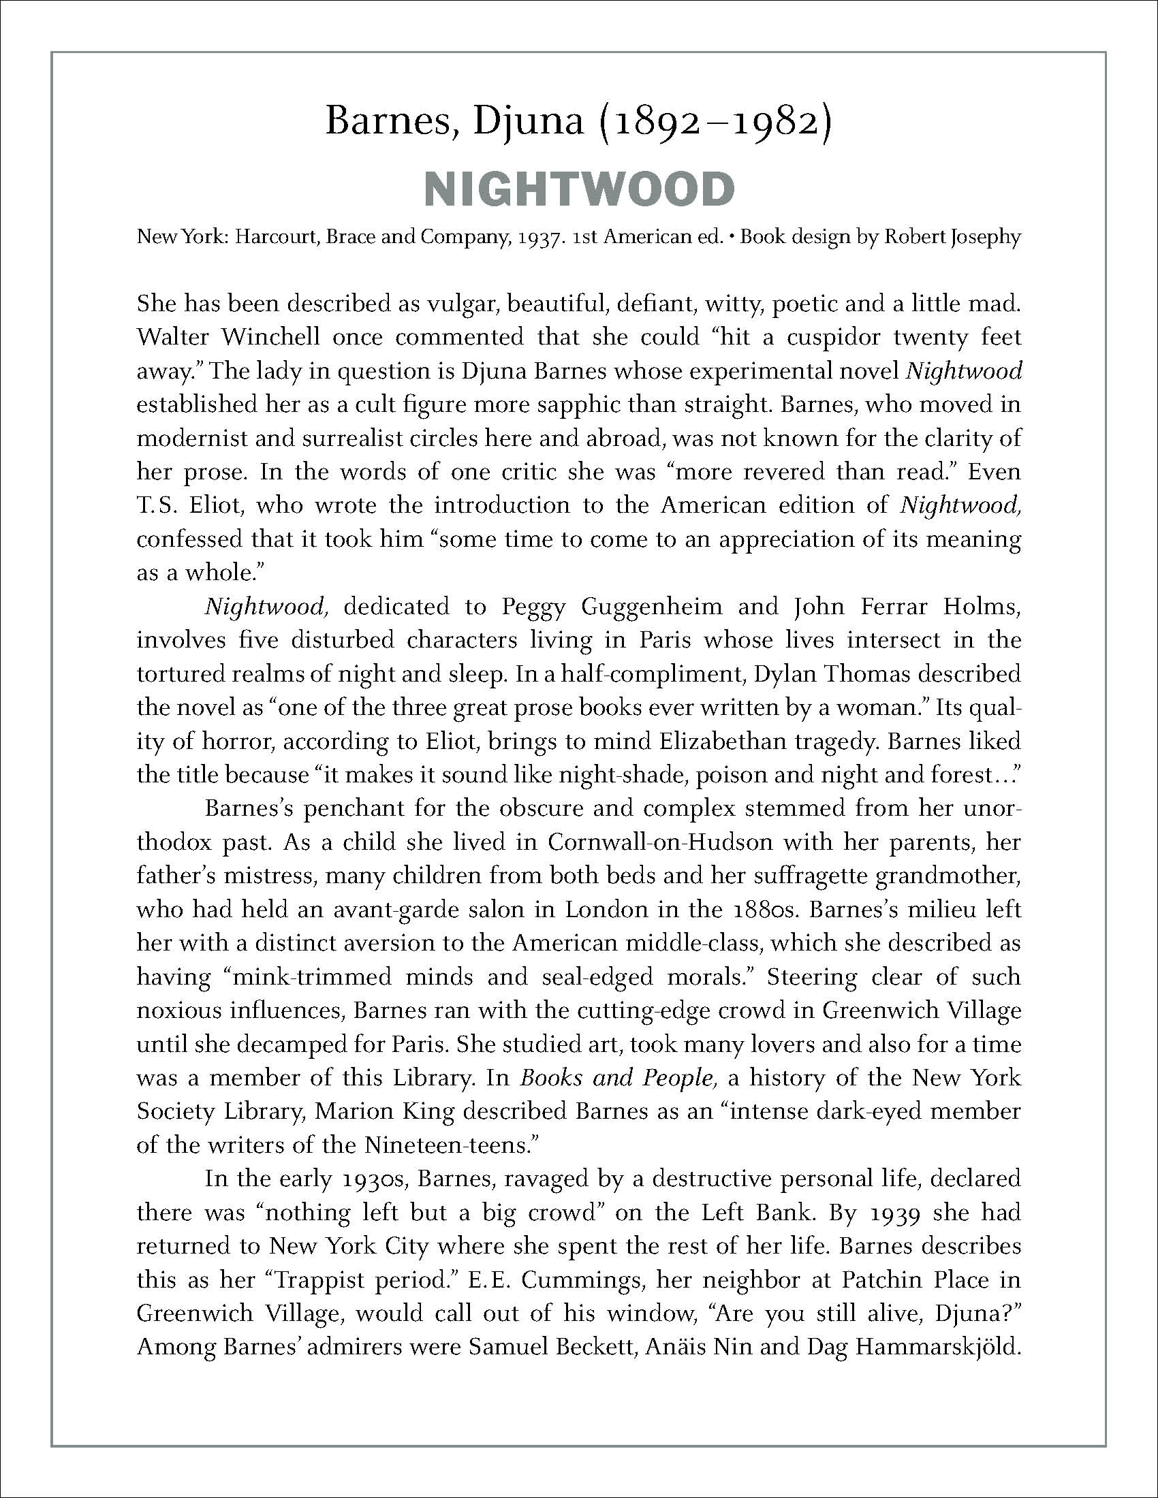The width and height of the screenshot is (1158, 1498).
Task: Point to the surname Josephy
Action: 986,238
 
